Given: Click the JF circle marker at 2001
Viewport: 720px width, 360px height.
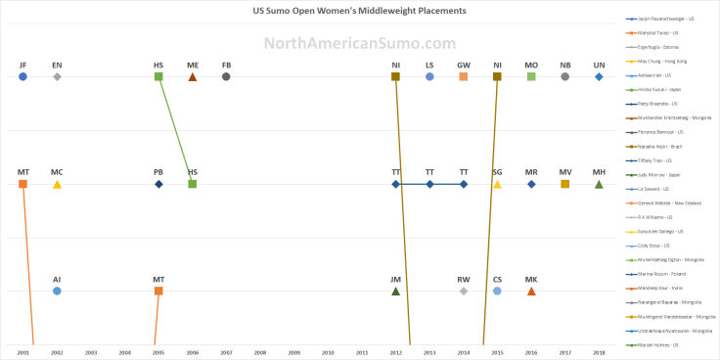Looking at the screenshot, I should point(22,76).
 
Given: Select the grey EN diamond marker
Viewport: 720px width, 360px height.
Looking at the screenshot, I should point(57,76).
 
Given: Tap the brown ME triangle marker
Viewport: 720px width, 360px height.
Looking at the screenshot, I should point(193,76).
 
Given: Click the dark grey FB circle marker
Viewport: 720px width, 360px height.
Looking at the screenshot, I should point(226,76).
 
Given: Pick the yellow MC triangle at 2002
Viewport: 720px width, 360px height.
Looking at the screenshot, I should point(57,184).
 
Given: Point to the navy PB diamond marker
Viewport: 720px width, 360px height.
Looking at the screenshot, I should point(158,184).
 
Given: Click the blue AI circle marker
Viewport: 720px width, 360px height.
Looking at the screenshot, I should point(57,291).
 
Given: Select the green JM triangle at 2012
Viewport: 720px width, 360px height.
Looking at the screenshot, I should point(395,291).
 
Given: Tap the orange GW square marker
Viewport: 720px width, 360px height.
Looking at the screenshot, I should point(464,76).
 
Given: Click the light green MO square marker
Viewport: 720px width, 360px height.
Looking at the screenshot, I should point(531,76).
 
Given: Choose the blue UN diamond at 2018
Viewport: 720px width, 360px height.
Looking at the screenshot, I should point(599,76).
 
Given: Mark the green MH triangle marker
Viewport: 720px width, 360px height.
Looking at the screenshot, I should point(599,184).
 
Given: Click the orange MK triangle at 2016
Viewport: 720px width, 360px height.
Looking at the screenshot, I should point(531,291).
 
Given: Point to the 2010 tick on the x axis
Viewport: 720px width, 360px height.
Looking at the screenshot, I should point(328,350).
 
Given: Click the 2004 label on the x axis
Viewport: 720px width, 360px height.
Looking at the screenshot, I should point(124,350).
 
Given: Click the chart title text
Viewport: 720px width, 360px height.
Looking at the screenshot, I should point(359,12).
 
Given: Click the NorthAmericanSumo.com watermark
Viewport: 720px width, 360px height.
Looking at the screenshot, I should point(359,43).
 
